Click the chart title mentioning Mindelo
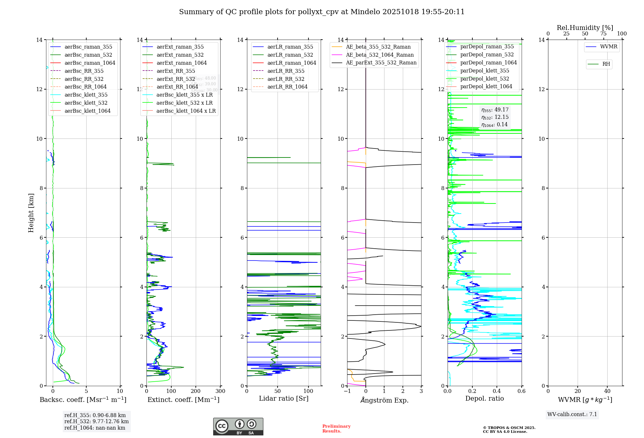322,12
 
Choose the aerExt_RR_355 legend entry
176,71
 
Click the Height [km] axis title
31,213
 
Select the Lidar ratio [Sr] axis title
284,398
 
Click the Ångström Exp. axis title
384,400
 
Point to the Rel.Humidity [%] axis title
585,28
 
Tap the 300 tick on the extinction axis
221,391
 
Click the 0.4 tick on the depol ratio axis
497,391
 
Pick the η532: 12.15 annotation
495,117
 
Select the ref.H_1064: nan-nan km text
95,428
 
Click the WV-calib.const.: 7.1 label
572,414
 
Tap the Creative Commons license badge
238,426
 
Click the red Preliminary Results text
336,428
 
